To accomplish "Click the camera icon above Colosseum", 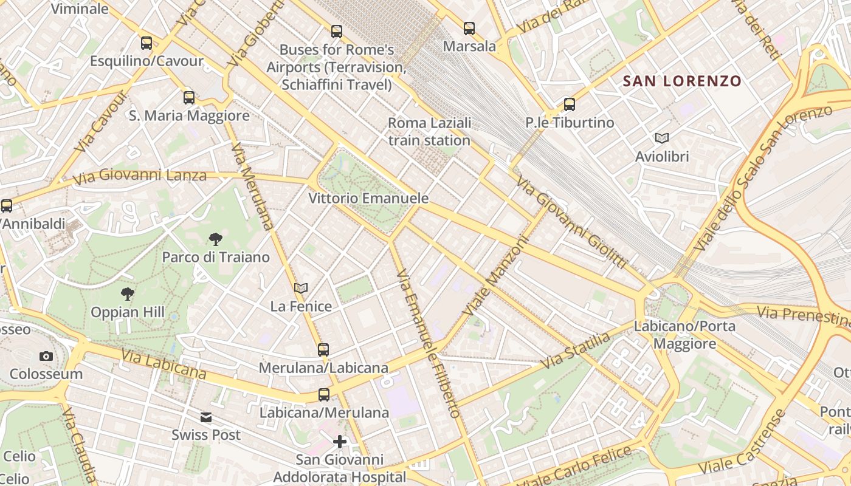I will (x=46, y=356).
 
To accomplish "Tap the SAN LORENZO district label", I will (x=682, y=81).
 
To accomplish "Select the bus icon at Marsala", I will (x=469, y=29).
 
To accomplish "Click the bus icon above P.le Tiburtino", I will (x=569, y=104).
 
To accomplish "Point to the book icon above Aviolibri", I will (x=662, y=139).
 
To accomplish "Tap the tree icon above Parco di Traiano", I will (x=215, y=239).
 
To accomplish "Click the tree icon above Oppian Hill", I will (x=128, y=295).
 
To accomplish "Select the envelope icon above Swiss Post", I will (x=206, y=417).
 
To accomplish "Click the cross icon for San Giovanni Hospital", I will (x=340, y=442).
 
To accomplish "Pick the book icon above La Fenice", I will (x=301, y=288).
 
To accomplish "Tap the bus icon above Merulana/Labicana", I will (x=323, y=350).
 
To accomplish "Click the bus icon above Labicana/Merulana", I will (x=324, y=395).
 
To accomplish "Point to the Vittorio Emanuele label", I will (x=368, y=199).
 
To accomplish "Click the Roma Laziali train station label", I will (x=429, y=132).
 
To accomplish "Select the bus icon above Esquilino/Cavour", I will (x=146, y=43).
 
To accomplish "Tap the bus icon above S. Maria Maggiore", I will (x=189, y=98).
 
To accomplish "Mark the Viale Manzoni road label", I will (x=497, y=275).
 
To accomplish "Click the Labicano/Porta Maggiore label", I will (x=684, y=335).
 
